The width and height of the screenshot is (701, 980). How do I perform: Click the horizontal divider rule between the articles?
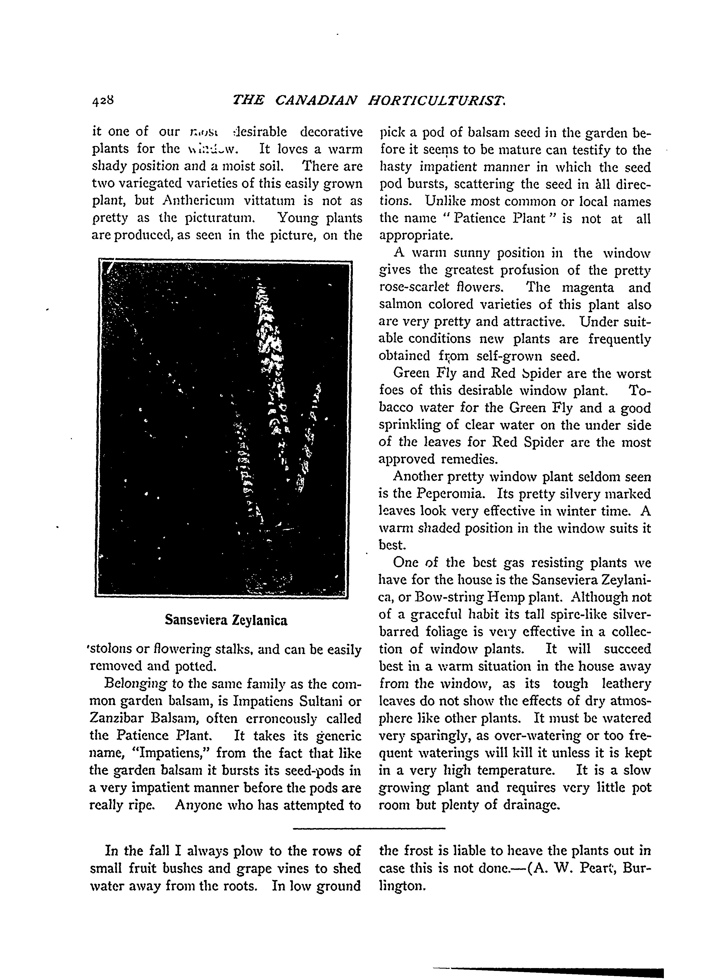[369, 828]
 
